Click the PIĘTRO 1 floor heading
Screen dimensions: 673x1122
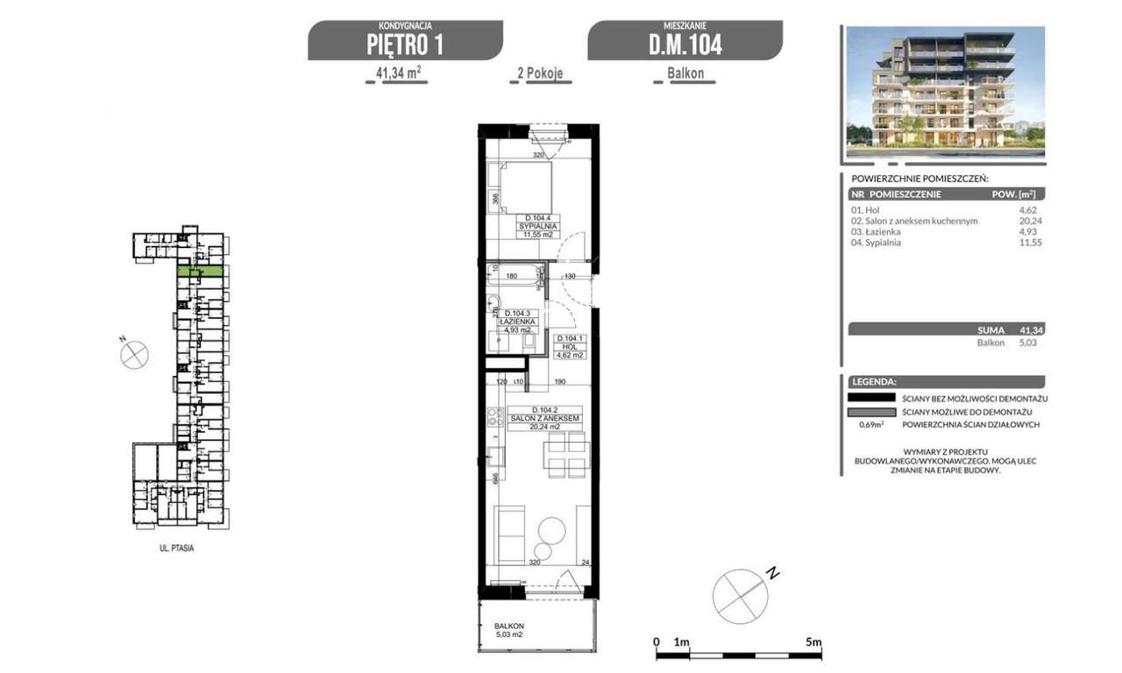pyautogui.click(x=405, y=44)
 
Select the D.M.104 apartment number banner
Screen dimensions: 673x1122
pyautogui.click(x=685, y=44)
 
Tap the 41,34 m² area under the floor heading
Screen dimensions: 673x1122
pyautogui.click(x=396, y=74)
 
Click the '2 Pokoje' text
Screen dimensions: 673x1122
pyautogui.click(x=541, y=74)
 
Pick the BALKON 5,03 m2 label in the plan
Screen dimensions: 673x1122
pyautogui.click(x=508, y=630)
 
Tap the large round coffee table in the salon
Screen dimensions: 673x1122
pyautogui.click(x=552, y=530)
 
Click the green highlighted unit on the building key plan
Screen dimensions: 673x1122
pyautogui.click(x=201, y=273)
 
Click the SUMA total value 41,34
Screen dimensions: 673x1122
pyautogui.click(x=1031, y=330)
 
